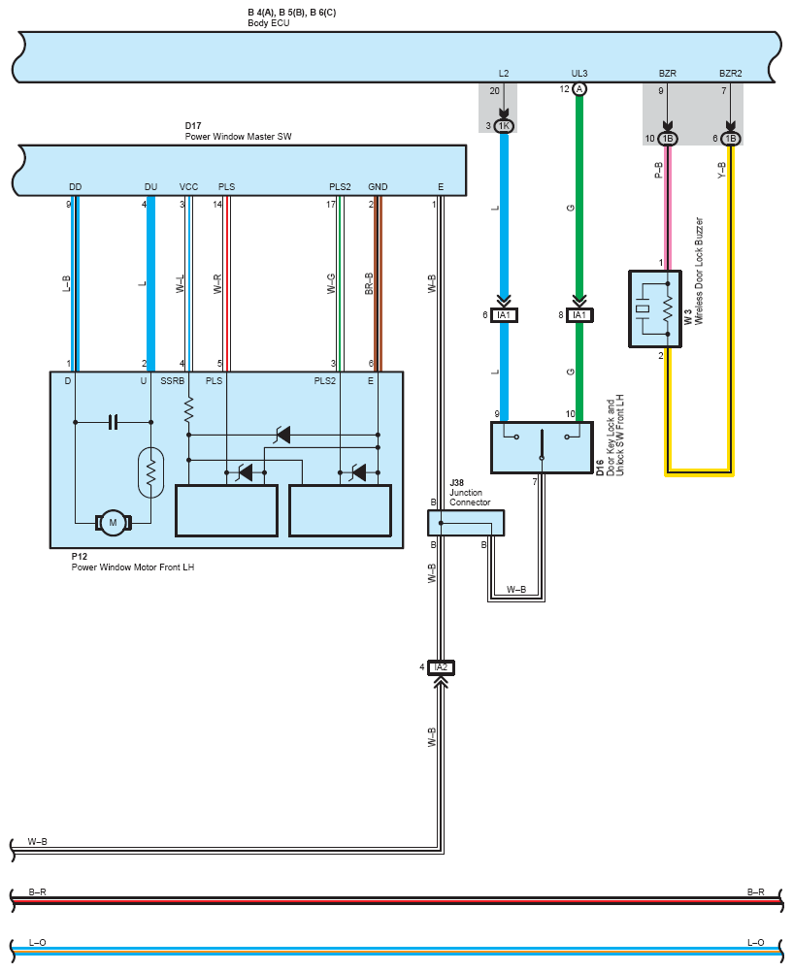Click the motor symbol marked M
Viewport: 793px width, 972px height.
tap(113, 523)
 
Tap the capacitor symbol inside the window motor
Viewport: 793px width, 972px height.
tap(113, 422)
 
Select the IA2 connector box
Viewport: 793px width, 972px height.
tap(442, 667)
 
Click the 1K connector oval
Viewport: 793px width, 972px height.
tap(504, 126)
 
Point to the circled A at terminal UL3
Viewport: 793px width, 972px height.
tap(578, 89)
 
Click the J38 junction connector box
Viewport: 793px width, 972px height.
tap(465, 523)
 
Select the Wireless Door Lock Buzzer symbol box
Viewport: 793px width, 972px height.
tap(655, 308)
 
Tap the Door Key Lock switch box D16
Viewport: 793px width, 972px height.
tap(542, 447)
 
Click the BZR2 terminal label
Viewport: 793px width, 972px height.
tap(730, 73)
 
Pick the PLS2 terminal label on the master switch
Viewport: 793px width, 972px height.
tap(340, 186)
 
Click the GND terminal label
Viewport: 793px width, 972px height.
tap(378, 186)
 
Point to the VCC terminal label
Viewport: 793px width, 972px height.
tap(188, 186)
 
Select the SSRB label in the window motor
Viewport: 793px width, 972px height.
tap(173, 380)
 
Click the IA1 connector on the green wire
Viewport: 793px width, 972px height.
tap(578, 315)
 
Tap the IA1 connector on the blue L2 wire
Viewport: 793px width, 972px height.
tap(504, 315)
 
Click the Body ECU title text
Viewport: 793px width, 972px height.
tap(269, 23)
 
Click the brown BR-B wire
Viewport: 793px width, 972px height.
tap(378, 284)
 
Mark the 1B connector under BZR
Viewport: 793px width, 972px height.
tap(668, 139)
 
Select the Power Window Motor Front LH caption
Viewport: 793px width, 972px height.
tap(133, 567)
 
